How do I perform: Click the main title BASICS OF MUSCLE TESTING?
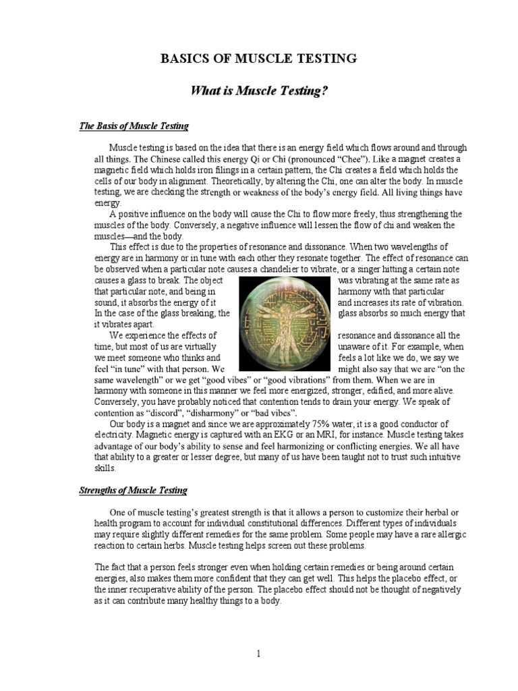point(259,59)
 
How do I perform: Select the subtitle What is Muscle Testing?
point(258,90)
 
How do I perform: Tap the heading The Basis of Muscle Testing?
point(134,126)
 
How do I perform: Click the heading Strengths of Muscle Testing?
point(134,490)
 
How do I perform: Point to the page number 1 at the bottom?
point(259,653)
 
